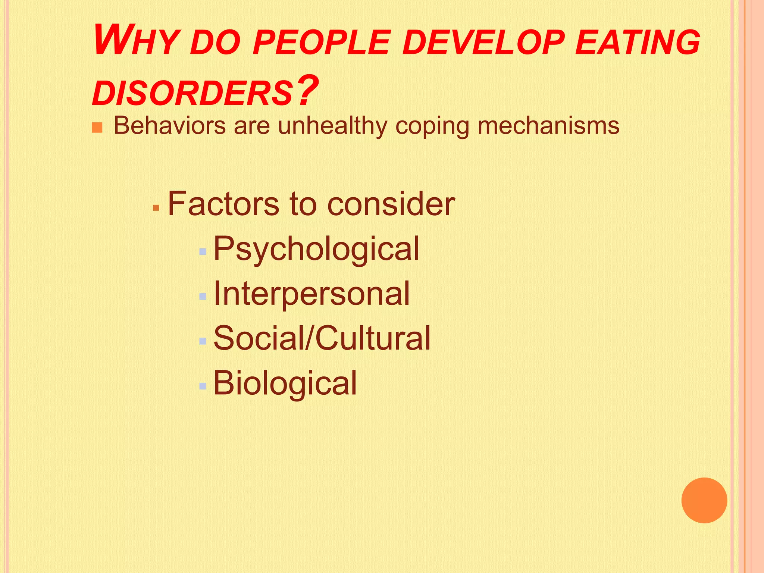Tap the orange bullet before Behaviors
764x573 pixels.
97,128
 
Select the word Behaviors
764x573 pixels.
170,126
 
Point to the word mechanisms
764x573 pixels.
548,126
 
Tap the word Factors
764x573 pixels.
223,204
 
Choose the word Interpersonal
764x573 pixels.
311,294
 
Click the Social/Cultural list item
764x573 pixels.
322,338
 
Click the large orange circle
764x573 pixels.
704,500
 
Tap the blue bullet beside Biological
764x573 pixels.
203,386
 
